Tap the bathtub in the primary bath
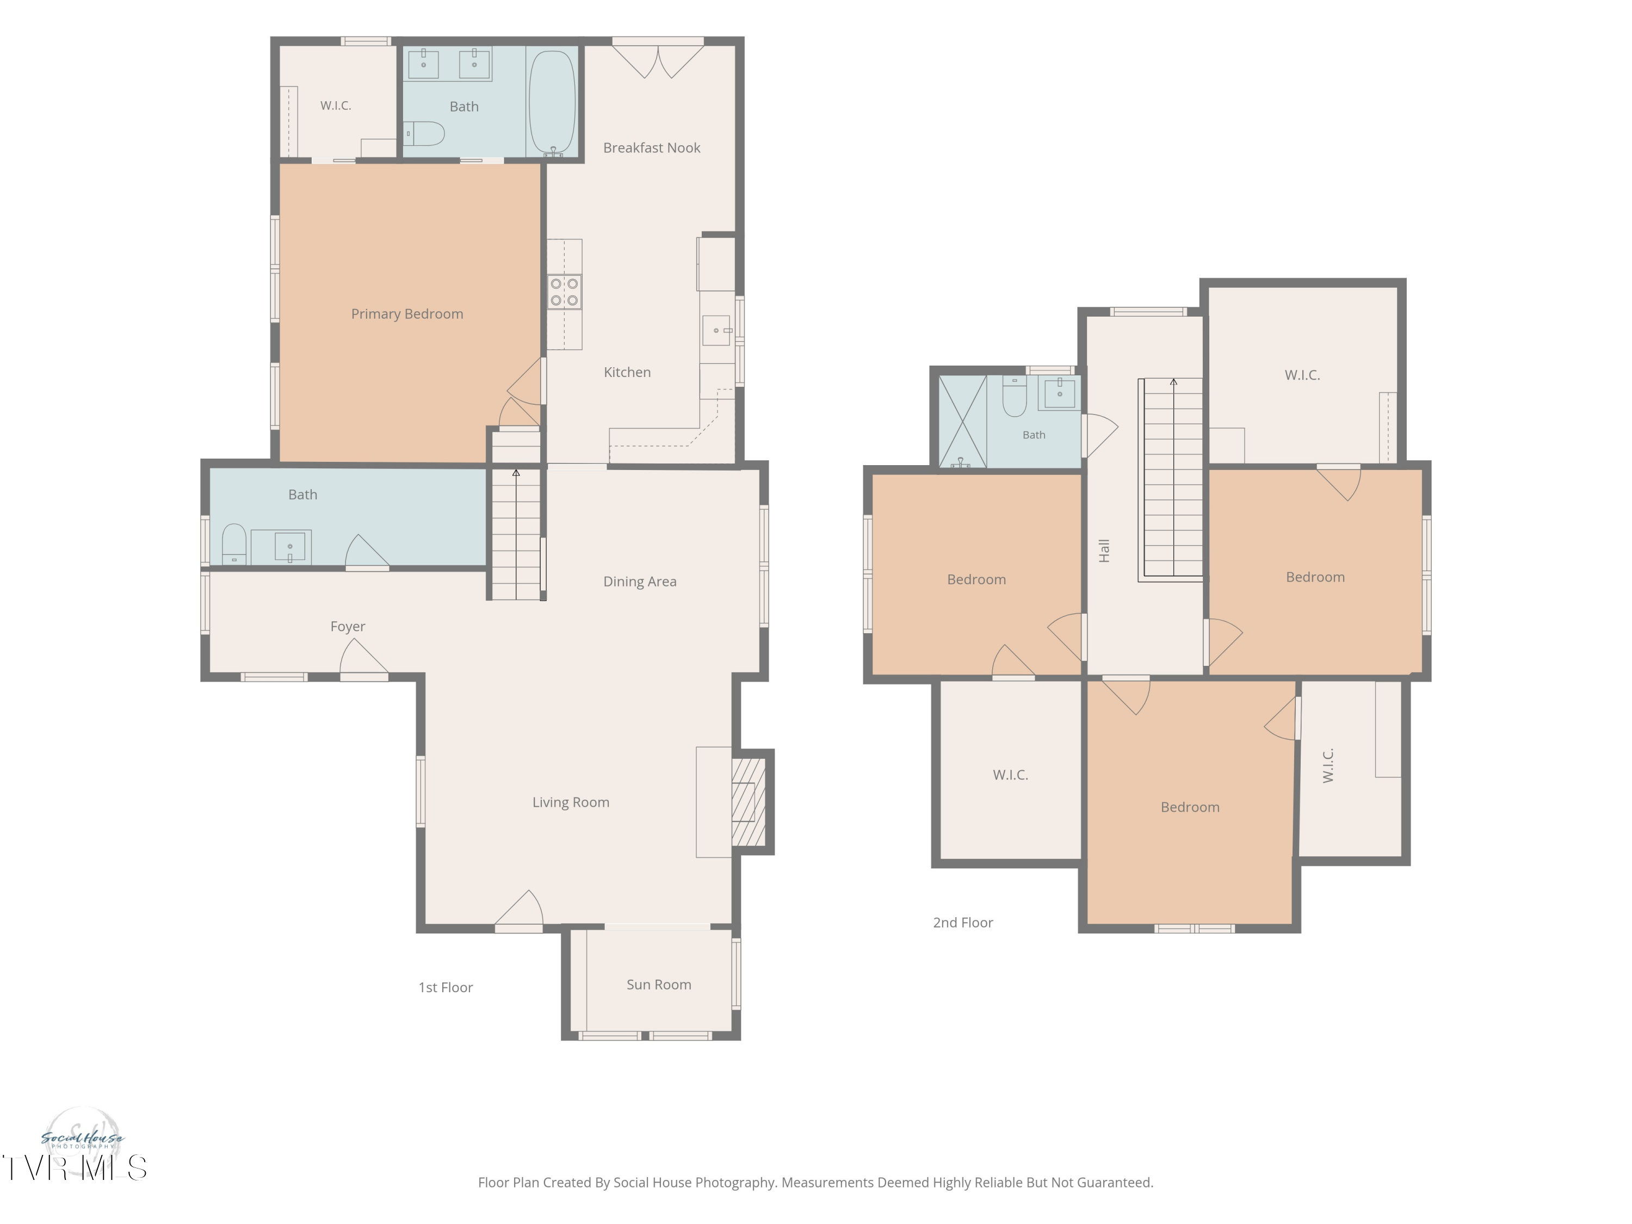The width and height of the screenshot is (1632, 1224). [552, 103]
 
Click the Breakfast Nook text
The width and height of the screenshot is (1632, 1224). [652, 147]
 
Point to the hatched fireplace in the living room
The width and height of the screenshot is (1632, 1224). [748, 802]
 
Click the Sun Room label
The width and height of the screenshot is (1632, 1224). [659, 984]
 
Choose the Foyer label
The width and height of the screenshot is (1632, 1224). [348, 626]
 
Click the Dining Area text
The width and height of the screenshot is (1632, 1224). [640, 582]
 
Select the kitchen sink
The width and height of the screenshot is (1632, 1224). [716, 330]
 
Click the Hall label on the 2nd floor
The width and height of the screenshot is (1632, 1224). [1104, 551]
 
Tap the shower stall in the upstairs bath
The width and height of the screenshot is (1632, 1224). [962, 421]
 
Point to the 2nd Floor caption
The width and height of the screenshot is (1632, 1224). [963, 922]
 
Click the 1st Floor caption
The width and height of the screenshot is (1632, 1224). [446, 987]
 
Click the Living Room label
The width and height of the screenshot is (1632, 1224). [571, 802]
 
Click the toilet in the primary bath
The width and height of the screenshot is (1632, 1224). [425, 133]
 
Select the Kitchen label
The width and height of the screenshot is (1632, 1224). [627, 373]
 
